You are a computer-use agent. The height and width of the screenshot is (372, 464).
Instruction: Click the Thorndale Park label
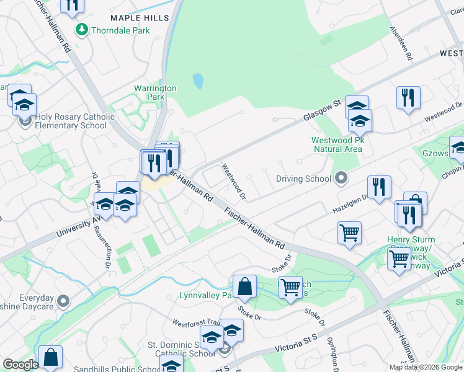point(120,30)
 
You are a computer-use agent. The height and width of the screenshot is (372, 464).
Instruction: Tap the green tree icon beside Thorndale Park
point(81,29)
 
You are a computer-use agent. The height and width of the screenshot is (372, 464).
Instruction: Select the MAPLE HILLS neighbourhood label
point(139,19)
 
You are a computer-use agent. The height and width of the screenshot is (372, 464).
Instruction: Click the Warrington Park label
point(155,92)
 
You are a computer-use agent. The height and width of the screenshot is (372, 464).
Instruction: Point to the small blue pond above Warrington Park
point(198,81)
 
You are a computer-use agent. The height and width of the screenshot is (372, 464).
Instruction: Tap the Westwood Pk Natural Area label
point(337,144)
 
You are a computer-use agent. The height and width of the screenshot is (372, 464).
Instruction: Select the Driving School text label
point(303,179)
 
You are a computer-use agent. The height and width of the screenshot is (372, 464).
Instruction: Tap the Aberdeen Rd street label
point(401,43)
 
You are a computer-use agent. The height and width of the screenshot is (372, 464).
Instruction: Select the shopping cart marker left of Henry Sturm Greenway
point(349,233)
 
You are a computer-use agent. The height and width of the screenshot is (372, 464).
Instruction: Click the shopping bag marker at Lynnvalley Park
point(245,286)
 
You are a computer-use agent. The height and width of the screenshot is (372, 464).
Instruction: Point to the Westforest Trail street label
point(197,322)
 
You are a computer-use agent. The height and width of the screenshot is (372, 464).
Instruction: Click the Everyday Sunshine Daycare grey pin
point(63,301)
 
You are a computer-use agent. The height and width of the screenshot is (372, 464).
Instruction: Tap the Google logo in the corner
point(20,365)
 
